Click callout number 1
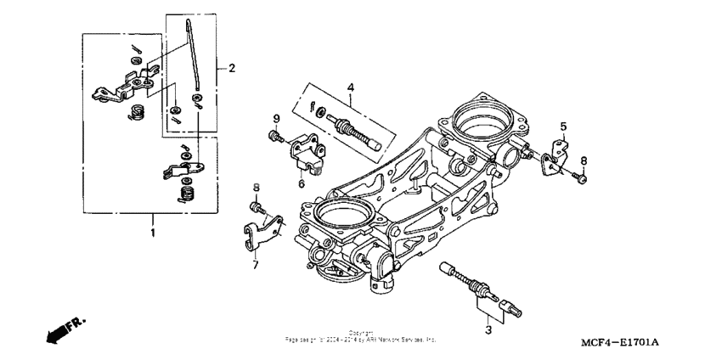pos(153,231)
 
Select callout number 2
pos(232,67)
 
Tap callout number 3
pos(488,328)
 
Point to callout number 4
pos(349,87)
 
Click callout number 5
pos(561,127)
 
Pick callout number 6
pos(301,181)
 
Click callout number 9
pos(276,118)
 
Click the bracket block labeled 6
pos(311,154)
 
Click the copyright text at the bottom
pos(361,337)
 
